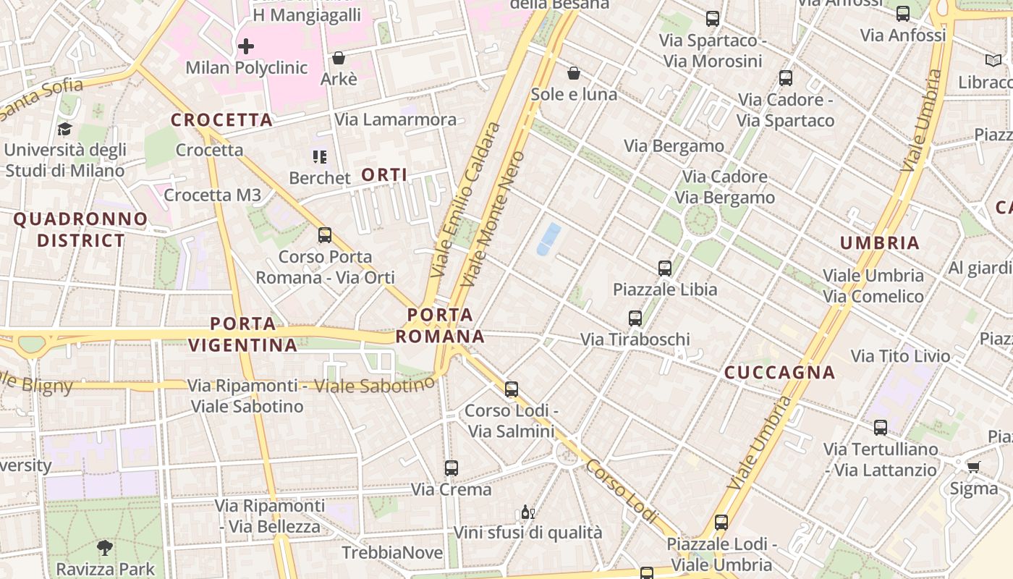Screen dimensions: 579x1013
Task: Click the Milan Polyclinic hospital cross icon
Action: (x=246, y=47)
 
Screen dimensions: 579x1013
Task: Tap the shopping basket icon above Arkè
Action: (x=338, y=58)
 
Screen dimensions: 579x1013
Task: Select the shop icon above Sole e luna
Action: (x=574, y=73)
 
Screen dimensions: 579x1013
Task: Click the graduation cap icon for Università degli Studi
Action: (x=65, y=130)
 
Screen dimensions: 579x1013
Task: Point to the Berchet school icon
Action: (x=319, y=156)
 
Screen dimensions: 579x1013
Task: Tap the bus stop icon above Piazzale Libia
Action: (x=665, y=269)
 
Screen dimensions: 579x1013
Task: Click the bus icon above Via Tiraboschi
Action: (x=635, y=318)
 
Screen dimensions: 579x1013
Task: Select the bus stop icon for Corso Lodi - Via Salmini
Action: (x=512, y=389)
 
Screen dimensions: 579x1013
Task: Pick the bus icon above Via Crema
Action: (x=452, y=468)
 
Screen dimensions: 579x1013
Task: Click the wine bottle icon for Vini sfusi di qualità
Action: (x=527, y=512)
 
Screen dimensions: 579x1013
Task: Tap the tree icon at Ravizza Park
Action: (x=105, y=548)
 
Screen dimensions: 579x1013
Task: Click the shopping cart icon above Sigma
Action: (x=973, y=467)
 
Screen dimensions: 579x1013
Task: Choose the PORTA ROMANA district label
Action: (x=440, y=326)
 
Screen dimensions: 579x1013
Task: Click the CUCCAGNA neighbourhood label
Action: (x=780, y=373)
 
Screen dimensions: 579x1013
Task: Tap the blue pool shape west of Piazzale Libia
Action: (x=548, y=240)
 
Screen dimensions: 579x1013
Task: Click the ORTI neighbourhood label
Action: (x=383, y=174)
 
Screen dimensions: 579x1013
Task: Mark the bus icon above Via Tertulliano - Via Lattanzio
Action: (x=881, y=428)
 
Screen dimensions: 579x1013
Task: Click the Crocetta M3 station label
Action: (x=212, y=195)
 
